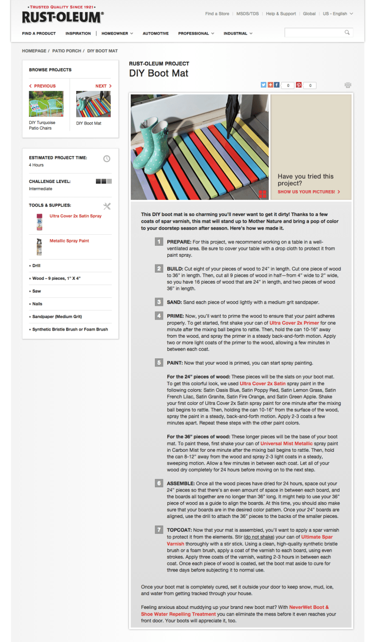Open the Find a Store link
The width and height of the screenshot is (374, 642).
click(x=217, y=14)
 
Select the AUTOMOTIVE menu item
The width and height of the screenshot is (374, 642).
click(x=155, y=34)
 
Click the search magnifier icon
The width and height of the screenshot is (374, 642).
click(x=347, y=33)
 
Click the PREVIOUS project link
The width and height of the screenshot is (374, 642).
click(x=43, y=86)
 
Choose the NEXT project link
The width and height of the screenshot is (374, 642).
click(x=103, y=86)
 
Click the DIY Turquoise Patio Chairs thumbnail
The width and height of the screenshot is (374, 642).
click(x=46, y=104)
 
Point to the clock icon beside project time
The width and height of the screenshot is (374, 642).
click(x=107, y=159)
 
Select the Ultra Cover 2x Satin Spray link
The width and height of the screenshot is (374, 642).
click(x=75, y=216)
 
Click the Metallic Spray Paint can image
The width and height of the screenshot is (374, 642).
click(x=39, y=246)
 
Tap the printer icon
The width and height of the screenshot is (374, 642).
click(x=348, y=85)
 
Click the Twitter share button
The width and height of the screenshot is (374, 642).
click(x=263, y=85)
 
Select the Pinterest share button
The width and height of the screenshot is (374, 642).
click(x=298, y=85)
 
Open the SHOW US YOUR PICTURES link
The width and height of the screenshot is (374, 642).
click(x=309, y=192)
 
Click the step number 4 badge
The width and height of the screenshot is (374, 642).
click(x=159, y=316)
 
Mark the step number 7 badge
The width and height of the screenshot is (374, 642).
click(x=159, y=529)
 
